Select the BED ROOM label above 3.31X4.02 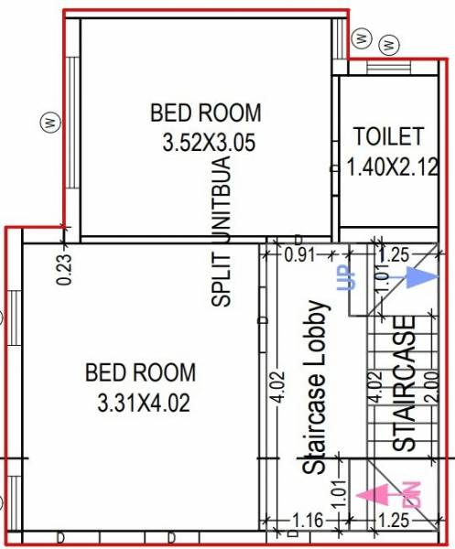pyautogui.click(x=140, y=372)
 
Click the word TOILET pyautogui.click(x=389, y=137)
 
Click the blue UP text pyautogui.click(x=346, y=276)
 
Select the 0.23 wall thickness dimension pyautogui.click(x=64, y=269)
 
